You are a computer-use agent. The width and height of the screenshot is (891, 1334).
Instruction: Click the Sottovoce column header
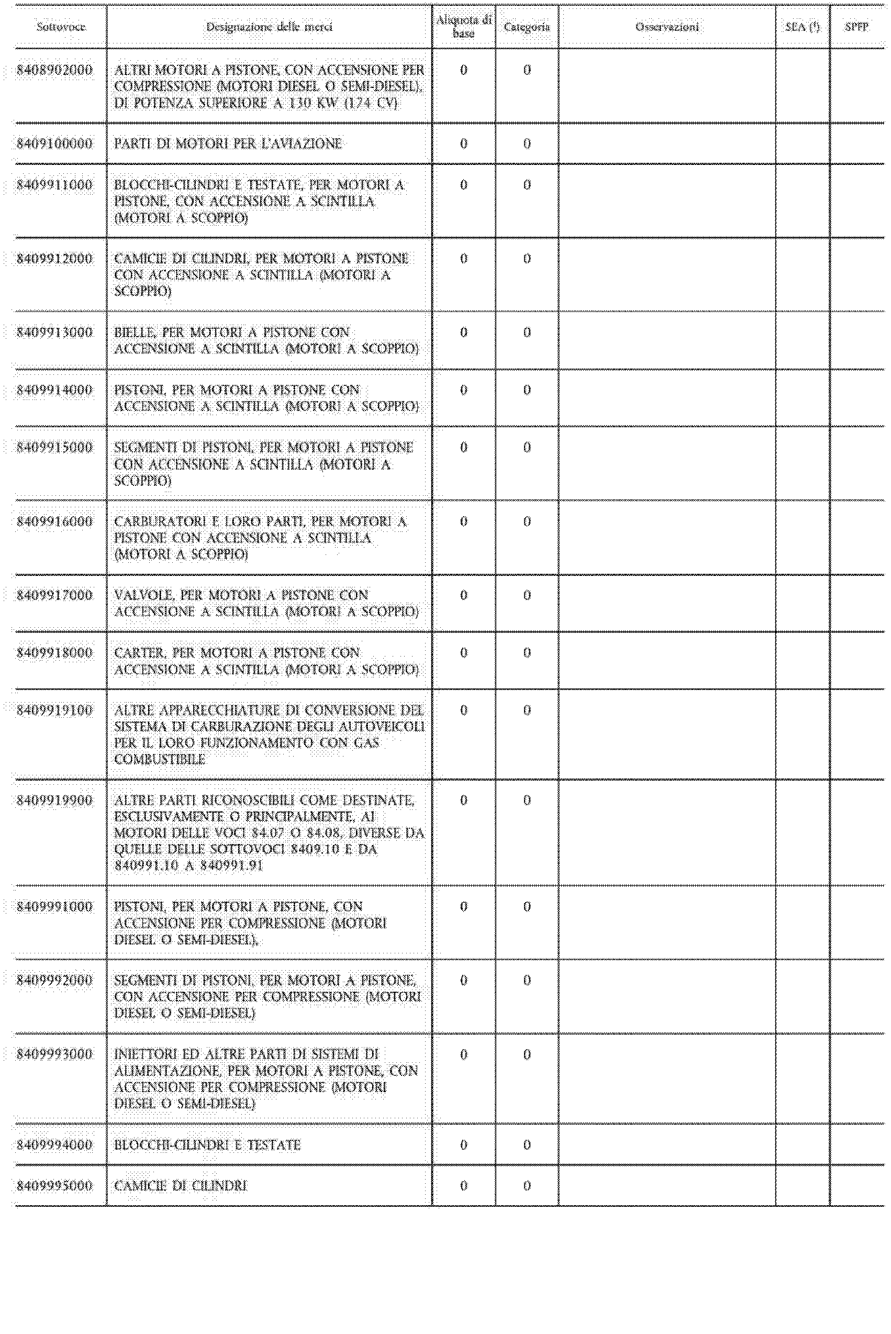coord(61,27)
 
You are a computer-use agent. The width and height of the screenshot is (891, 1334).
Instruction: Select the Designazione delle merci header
coord(269,27)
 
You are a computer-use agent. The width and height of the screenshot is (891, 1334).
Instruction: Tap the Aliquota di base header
coord(464,27)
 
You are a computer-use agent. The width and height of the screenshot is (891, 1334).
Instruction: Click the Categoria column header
coord(527,27)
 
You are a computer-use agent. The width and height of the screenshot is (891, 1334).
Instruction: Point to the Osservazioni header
coord(667,27)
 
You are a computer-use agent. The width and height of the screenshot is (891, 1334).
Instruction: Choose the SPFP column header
coord(856,27)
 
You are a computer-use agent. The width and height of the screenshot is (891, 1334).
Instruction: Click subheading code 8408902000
coord(54,71)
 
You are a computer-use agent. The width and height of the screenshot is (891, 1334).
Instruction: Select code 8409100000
coord(54,144)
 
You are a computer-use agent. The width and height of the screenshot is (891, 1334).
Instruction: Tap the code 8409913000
coord(54,332)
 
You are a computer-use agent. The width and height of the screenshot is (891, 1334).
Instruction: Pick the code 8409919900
coord(54,801)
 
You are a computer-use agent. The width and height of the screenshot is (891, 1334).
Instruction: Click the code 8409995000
coord(54,1186)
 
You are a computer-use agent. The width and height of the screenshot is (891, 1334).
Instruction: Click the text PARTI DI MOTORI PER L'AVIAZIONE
coord(228,144)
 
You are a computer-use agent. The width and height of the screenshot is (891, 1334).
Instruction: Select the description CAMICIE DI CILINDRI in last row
coord(181,1186)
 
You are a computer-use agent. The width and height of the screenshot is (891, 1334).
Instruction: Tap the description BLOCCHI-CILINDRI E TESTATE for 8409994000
coord(207,1145)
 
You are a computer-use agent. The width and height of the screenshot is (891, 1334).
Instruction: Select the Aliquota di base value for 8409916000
coord(464,521)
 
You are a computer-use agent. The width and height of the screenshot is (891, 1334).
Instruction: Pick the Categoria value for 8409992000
coord(527,981)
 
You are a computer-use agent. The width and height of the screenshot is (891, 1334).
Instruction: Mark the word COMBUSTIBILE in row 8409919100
coord(160,760)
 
